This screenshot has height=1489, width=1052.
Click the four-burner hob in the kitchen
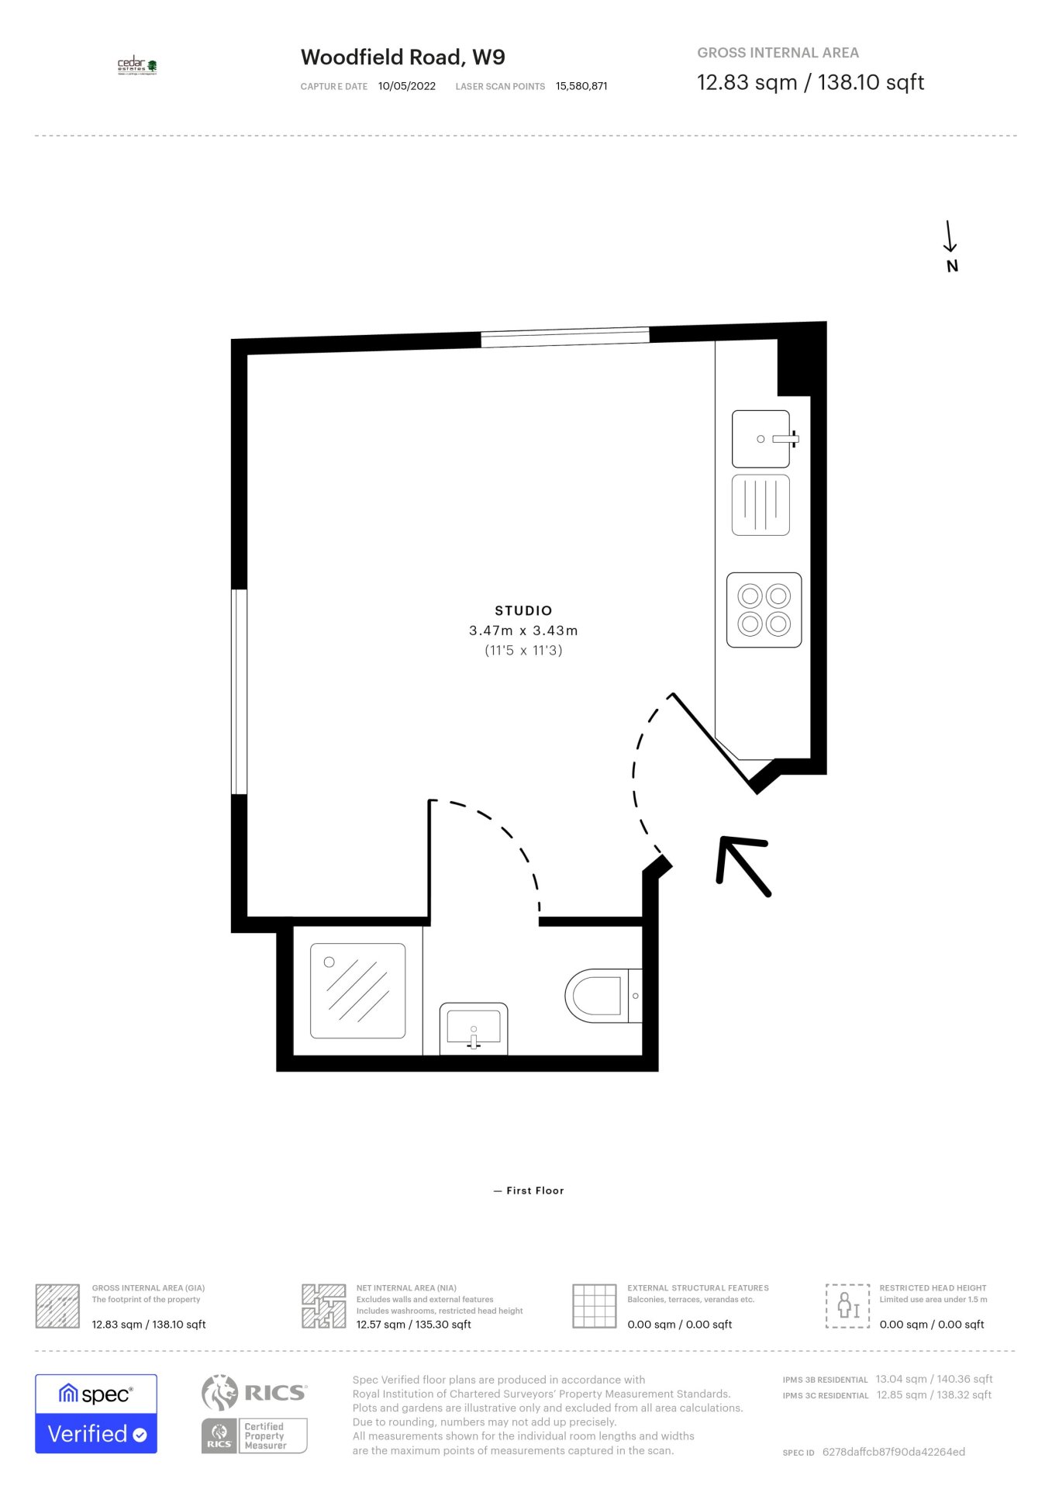764,610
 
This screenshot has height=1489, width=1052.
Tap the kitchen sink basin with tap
761,439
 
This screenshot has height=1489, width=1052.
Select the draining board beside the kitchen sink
761,505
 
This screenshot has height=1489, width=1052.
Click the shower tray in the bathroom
357,990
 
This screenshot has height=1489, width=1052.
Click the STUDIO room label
523,611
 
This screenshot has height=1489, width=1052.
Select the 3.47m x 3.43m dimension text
523,631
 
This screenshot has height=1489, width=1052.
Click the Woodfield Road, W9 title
402,57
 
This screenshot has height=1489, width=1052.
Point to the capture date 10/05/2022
407,86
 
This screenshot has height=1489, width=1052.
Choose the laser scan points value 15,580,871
581,86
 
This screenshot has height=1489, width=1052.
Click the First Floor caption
534,1190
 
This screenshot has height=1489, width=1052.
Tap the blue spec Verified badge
96,1414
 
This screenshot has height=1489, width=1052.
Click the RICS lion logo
220,1392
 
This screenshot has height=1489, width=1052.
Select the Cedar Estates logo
137,66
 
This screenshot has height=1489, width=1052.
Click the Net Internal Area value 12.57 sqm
413,1325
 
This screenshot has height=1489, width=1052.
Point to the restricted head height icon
847,1306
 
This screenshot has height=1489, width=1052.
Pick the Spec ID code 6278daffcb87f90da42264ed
893,1452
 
